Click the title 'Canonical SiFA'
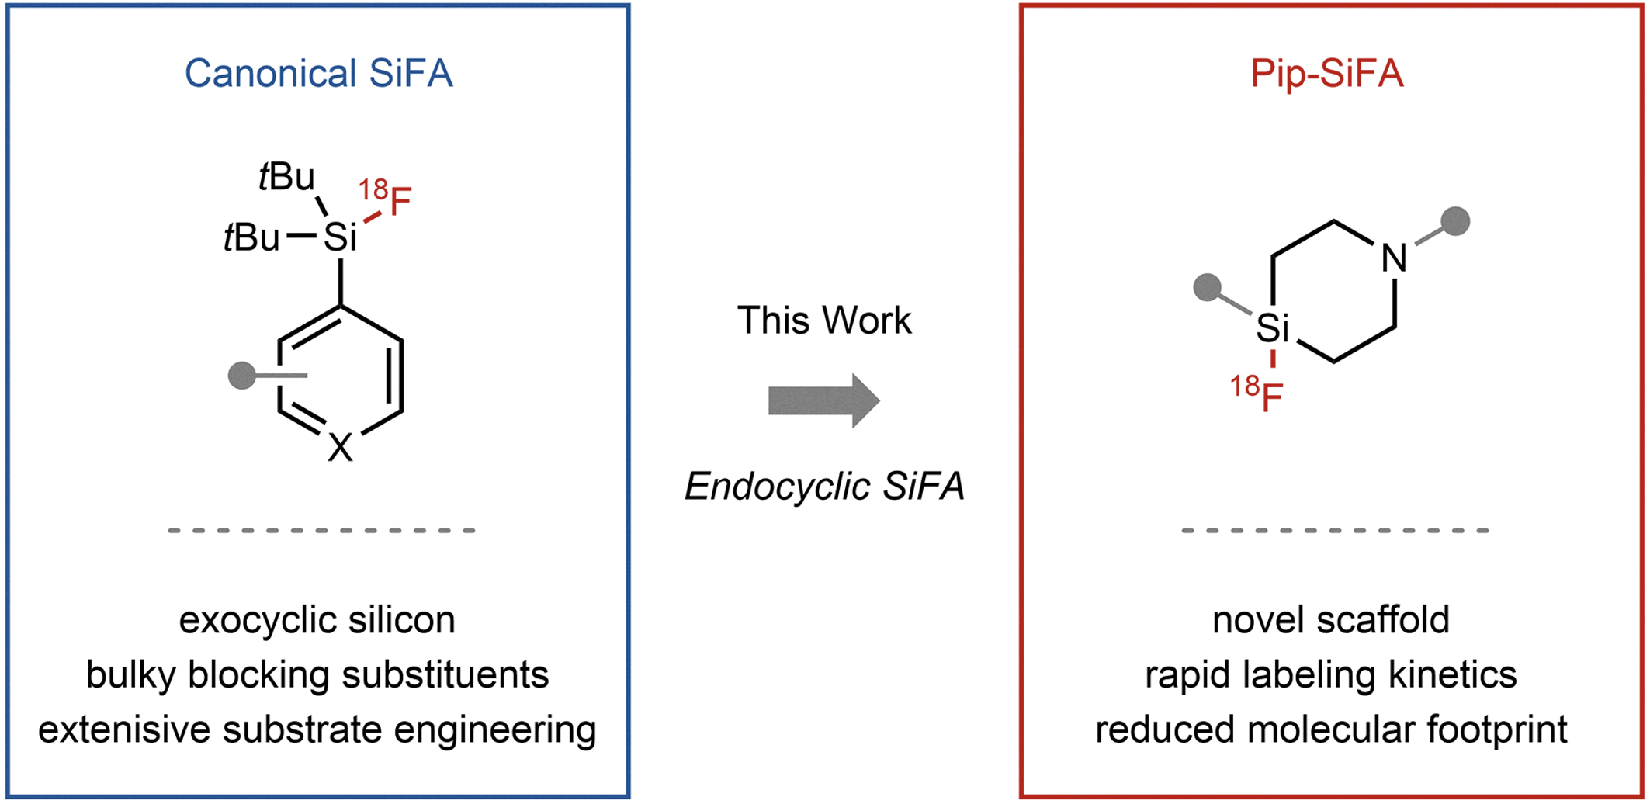pyautogui.click(x=318, y=74)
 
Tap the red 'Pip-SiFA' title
pyautogui.click(x=1327, y=74)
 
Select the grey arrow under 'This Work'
pyautogui.click(x=824, y=400)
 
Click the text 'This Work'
pyautogui.click(x=824, y=320)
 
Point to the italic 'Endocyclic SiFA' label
pyautogui.click(x=824, y=487)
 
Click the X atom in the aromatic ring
pyautogui.click(x=340, y=448)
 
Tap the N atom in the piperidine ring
pyautogui.click(x=1395, y=258)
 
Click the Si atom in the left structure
pyautogui.click(x=340, y=237)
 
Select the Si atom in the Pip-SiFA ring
pyautogui.click(x=1273, y=327)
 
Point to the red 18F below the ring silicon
pyautogui.click(x=1257, y=393)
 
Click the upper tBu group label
pyautogui.click(x=287, y=177)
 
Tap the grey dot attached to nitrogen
pyautogui.click(x=1455, y=221)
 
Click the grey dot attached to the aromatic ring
pyautogui.click(x=242, y=376)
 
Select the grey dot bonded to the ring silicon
pyautogui.click(x=1208, y=287)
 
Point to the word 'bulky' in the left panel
pyautogui.click(x=131, y=675)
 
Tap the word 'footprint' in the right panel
pyautogui.click(x=1497, y=730)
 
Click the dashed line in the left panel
pyautogui.click(x=321, y=531)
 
